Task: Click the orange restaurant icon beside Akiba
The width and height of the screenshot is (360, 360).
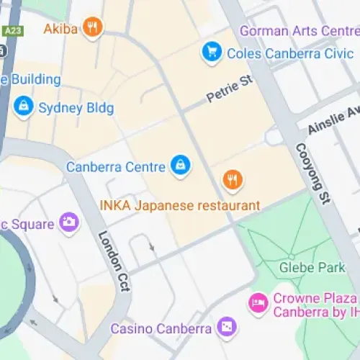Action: pyautogui.click(x=92, y=28)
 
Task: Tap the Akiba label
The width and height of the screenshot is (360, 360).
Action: pyautogui.click(x=61, y=29)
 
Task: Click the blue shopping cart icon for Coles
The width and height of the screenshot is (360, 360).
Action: pyautogui.click(x=211, y=52)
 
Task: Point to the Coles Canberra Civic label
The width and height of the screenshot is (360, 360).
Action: pyautogui.click(x=281, y=53)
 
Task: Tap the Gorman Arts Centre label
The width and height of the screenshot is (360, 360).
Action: pyautogui.click(x=299, y=30)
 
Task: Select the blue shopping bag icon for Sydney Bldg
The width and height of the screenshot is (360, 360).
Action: pyautogui.click(x=24, y=107)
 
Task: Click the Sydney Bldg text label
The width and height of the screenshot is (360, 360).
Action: pyautogui.click(x=76, y=108)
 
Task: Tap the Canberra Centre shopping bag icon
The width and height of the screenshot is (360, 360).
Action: pyautogui.click(x=179, y=166)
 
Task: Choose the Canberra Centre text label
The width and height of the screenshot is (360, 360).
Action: pyautogui.click(x=115, y=166)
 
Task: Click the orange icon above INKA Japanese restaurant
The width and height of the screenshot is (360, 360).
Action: pyautogui.click(x=231, y=180)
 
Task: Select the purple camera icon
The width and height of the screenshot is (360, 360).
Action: pyautogui.click(x=69, y=222)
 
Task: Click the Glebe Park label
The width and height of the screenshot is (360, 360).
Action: pyautogui.click(x=312, y=268)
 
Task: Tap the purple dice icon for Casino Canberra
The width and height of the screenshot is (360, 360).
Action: pyautogui.click(x=226, y=328)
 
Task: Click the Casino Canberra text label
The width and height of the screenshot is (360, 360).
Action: pyautogui.click(x=161, y=328)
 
